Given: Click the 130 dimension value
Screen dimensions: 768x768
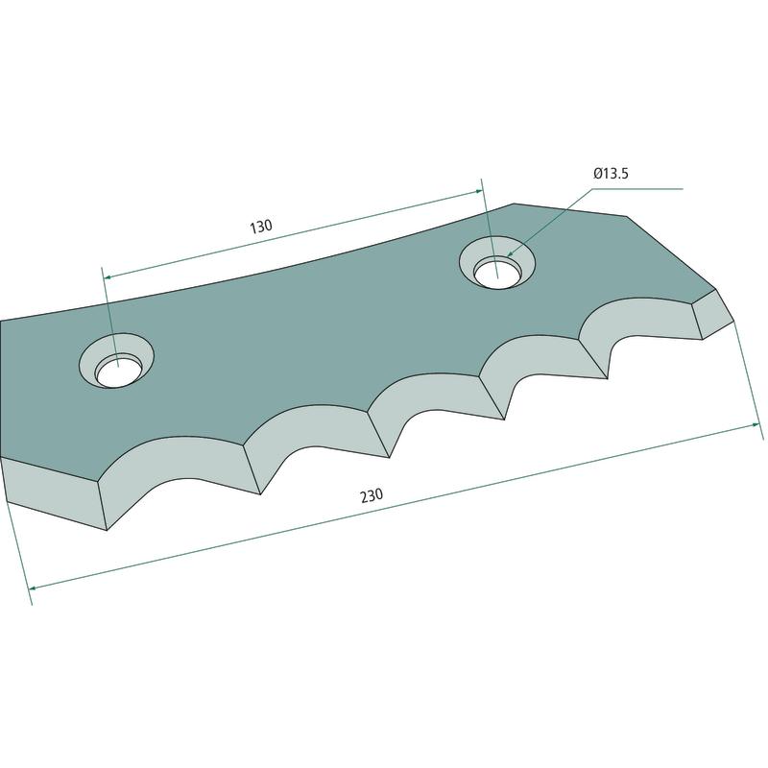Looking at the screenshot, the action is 260,227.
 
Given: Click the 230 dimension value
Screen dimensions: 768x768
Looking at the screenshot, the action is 372,495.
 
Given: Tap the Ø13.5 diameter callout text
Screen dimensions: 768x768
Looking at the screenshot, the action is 611,174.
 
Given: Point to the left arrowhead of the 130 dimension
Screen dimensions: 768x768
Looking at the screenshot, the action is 108,277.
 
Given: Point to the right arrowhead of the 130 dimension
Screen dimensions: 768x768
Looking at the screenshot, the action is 478,191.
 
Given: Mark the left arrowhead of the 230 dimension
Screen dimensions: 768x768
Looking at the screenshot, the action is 33,588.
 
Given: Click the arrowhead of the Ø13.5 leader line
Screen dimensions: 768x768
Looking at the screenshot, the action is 510,253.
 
